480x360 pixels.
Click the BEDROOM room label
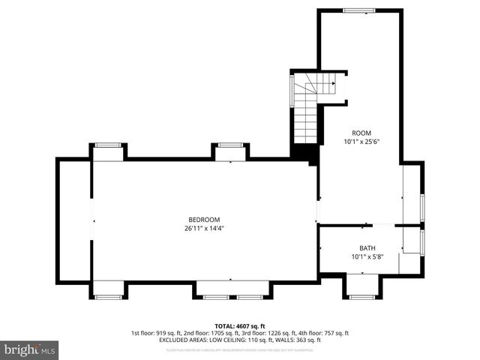(x=204, y=219)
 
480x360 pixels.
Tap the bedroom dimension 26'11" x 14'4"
(x=204, y=228)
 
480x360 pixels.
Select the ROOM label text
(x=362, y=132)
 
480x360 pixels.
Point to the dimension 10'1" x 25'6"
(x=362, y=141)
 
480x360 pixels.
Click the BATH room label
(x=367, y=247)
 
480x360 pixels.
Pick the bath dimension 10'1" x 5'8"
(x=367, y=256)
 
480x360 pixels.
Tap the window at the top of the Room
(x=359, y=10)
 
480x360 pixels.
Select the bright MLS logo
(x=30, y=349)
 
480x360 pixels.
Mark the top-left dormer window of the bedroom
(x=108, y=145)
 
